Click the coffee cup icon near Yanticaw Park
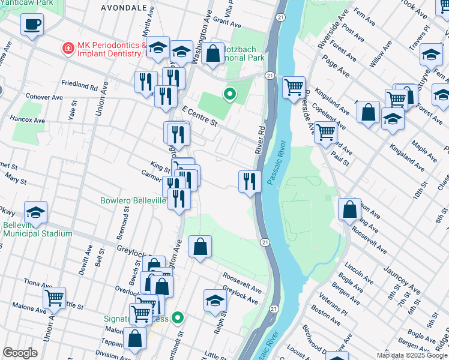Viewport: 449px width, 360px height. click(x=32, y=25)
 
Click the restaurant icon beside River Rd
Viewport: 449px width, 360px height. click(x=250, y=181)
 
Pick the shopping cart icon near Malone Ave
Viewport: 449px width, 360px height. click(x=54, y=298)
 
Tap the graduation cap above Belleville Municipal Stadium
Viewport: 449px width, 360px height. click(x=35, y=212)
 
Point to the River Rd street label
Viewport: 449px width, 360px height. click(x=261, y=139)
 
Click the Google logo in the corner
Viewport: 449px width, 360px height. click(x=20, y=353)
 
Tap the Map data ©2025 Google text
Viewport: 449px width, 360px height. click(x=412, y=355)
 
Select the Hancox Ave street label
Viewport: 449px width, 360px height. click(x=28, y=120)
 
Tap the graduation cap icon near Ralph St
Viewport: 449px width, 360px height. click(x=214, y=300)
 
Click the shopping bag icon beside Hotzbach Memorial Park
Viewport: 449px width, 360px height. click(x=212, y=53)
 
